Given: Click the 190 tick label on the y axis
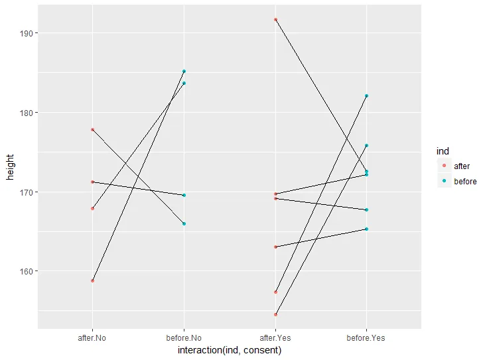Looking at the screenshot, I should (x=29, y=33).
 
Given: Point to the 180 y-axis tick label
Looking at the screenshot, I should (x=29, y=113).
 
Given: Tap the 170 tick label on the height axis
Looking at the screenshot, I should (x=29, y=192).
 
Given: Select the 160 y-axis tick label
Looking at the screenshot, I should (x=29, y=271).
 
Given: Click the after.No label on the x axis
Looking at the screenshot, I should (x=92, y=337).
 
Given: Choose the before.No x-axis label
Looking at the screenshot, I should (x=184, y=337).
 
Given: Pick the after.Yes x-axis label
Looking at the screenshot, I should (x=275, y=337).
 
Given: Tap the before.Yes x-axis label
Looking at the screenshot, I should (x=366, y=337).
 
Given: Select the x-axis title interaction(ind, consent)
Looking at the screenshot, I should (x=230, y=350).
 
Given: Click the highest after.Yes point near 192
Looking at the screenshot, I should (x=275, y=20).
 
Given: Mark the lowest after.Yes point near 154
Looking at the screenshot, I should (x=275, y=314).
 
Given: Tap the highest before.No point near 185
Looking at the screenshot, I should (x=184, y=71).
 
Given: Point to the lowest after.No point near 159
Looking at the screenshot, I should (x=92, y=280).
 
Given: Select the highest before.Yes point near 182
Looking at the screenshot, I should (x=366, y=95).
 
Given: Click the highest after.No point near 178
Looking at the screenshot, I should (x=92, y=129).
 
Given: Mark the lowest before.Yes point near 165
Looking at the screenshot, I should (x=366, y=229).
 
